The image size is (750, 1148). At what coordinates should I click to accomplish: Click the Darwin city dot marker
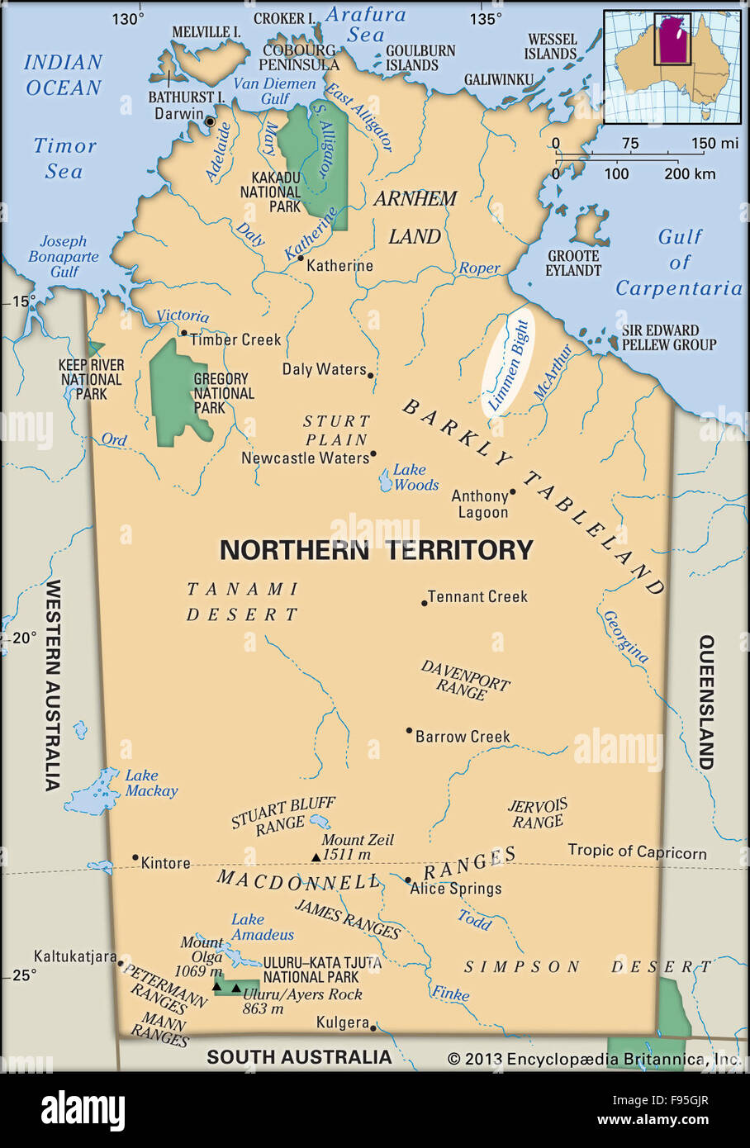point(210,121)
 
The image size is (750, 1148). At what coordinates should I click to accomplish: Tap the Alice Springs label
point(456,889)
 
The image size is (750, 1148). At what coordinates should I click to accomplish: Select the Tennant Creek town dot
point(425,603)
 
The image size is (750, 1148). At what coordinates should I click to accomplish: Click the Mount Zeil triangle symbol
point(316,857)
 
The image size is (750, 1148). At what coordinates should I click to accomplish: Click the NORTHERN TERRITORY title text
point(376,550)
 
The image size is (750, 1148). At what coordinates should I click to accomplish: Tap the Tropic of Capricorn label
point(637,852)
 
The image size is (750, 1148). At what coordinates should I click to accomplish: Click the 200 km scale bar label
point(690,174)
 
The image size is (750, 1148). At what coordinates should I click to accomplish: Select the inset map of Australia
point(672,66)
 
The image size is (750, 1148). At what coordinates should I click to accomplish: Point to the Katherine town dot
point(301,258)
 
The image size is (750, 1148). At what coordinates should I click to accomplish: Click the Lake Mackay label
point(151,783)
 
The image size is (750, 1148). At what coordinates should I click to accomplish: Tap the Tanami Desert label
point(242,601)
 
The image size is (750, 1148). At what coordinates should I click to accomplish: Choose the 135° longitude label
point(485,19)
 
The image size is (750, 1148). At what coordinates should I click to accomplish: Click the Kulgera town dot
point(373,1028)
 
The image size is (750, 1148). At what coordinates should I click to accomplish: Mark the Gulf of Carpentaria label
point(679,263)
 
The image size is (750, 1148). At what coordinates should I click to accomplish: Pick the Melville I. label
point(206,32)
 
